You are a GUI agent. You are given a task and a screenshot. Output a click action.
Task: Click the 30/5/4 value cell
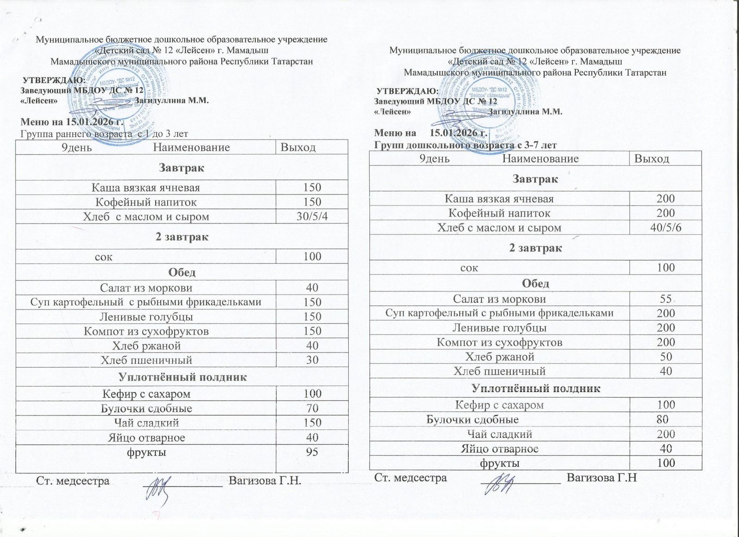click(312, 217)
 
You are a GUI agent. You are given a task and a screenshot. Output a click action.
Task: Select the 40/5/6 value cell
click(666, 228)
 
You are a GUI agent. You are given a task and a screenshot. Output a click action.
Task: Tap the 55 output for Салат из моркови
click(666, 299)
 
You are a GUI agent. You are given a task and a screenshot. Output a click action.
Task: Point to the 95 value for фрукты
click(312, 452)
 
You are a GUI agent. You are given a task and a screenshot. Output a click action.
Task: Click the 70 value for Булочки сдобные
click(312, 409)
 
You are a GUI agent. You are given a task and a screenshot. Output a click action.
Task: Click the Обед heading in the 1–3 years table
click(182, 272)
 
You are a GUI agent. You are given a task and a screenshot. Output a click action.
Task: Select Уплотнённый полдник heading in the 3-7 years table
click(536, 388)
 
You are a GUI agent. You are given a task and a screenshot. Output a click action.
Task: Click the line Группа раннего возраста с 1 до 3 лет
click(104, 134)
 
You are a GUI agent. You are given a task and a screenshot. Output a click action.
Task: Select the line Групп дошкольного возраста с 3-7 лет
click(465, 145)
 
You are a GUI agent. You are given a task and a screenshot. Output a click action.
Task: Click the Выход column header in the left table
click(298, 148)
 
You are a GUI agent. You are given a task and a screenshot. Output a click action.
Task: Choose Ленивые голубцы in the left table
click(146, 317)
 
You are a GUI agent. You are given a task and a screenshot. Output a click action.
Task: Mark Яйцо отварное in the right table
click(500, 449)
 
